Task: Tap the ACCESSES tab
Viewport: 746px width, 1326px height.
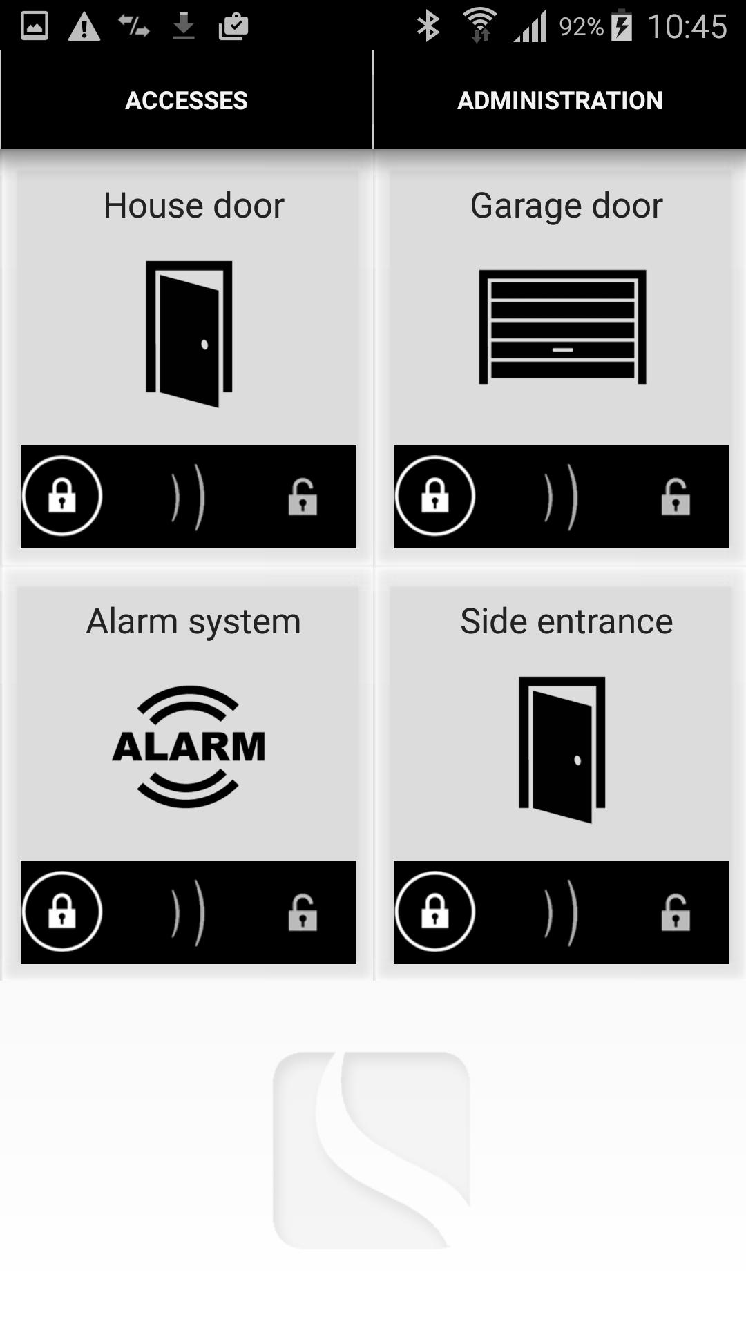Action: tap(186, 101)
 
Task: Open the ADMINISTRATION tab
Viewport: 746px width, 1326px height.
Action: tap(560, 101)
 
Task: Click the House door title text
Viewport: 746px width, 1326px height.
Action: tap(193, 206)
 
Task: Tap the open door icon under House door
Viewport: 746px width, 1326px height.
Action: tap(189, 334)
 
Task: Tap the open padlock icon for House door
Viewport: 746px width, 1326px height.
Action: tap(303, 497)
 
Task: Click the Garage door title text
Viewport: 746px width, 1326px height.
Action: tap(566, 206)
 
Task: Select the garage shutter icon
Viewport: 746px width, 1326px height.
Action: tap(562, 327)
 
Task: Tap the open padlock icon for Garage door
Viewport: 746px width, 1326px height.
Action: tap(676, 497)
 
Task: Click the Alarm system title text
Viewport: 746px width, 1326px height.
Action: tap(193, 622)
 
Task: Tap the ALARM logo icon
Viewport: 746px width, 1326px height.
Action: tap(189, 747)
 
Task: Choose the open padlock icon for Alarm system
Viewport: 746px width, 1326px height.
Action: tap(303, 912)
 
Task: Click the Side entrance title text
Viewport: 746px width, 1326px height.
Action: tap(566, 622)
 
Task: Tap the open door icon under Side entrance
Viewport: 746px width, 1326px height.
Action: tap(562, 750)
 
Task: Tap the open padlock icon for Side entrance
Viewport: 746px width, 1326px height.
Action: tap(676, 912)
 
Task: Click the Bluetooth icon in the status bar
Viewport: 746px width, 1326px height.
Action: tap(428, 26)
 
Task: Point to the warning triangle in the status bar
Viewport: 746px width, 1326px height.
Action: tap(84, 27)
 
